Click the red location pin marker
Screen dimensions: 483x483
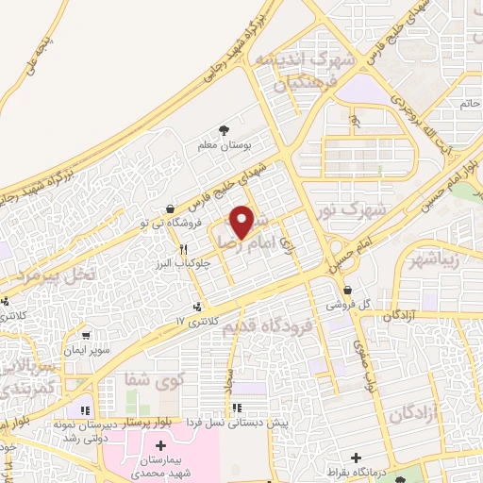pyautogui.click(x=242, y=222)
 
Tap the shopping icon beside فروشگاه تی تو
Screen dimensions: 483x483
pyautogui.click(x=170, y=209)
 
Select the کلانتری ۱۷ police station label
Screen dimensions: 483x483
pyautogui.click(x=196, y=322)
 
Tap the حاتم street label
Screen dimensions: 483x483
pyautogui.click(x=468, y=101)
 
